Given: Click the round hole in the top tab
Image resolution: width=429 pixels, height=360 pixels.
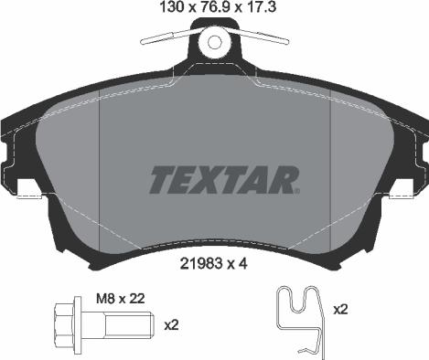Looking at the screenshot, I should [x=216, y=41].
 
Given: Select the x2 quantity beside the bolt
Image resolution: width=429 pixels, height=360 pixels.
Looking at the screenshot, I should [x=170, y=323].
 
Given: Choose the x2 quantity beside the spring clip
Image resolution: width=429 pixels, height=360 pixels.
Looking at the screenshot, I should [x=340, y=310].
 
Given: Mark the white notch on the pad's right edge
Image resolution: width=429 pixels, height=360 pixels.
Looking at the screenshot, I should [x=403, y=189].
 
